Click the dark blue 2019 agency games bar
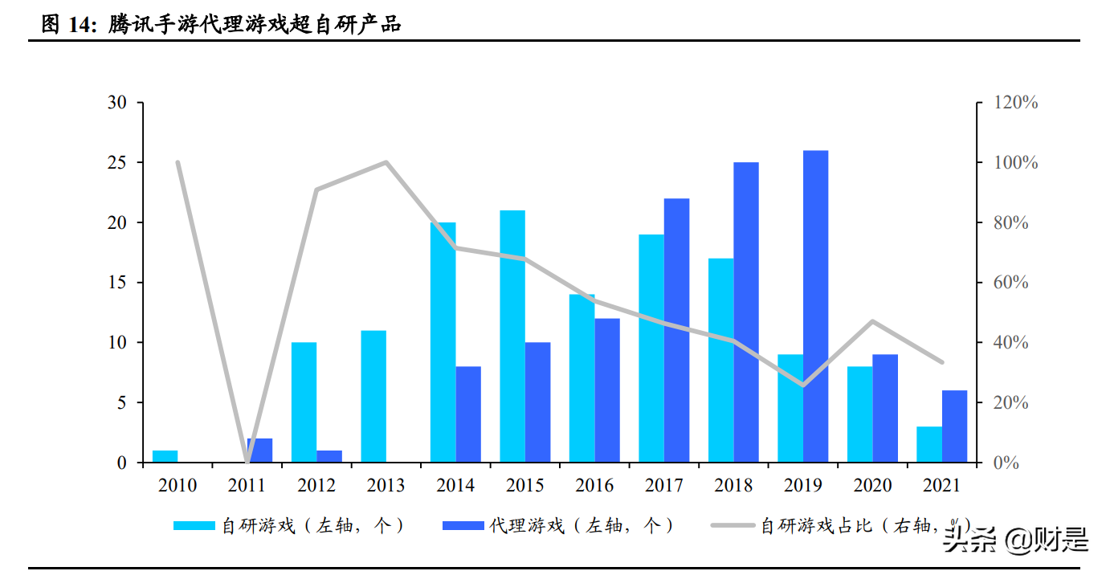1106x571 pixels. tap(815, 306)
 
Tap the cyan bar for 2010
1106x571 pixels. tap(165, 456)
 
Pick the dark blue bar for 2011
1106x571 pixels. tap(259, 451)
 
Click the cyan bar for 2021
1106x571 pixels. tap(929, 444)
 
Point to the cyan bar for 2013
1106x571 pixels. tap(373, 396)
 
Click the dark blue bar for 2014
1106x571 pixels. tap(468, 414)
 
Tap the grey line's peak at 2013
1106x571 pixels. tap(386, 162)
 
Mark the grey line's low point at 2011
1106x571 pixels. tap(247, 462)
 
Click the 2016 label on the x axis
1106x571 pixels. tap(594, 485)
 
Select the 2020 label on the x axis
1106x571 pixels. tap(872, 485)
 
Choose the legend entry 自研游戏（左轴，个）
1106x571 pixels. tap(289, 526)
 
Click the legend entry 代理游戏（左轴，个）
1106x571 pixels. tap(557, 526)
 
